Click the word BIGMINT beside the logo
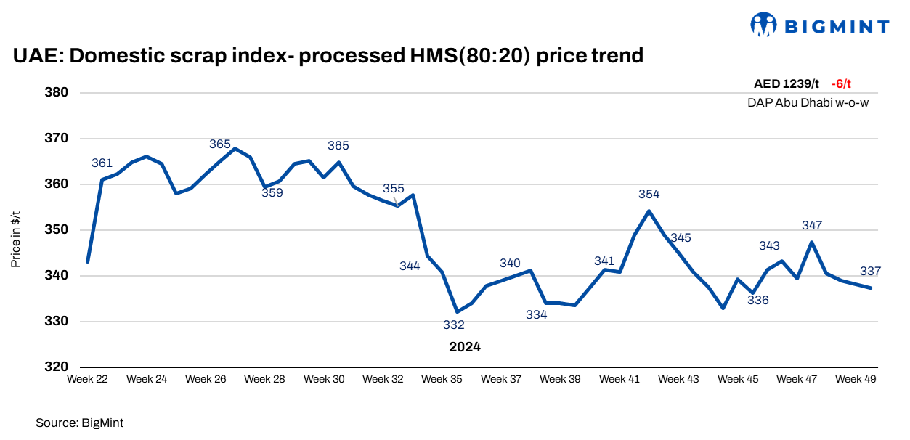pyautogui.click(x=836, y=28)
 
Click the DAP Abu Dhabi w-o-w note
pyautogui.click(x=808, y=102)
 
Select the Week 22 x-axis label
pyautogui.click(x=87, y=379)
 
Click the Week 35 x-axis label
pyautogui.click(x=442, y=379)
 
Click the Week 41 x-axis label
pyautogui.click(x=619, y=379)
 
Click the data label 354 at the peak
pyautogui.click(x=649, y=195)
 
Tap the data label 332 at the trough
pyautogui.click(x=453, y=325)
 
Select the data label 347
pyautogui.click(x=812, y=226)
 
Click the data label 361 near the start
pyautogui.click(x=102, y=163)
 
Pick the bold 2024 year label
pyautogui.click(x=465, y=347)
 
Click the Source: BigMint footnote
pyautogui.click(x=75, y=422)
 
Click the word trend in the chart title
pyautogui.click(x=617, y=55)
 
